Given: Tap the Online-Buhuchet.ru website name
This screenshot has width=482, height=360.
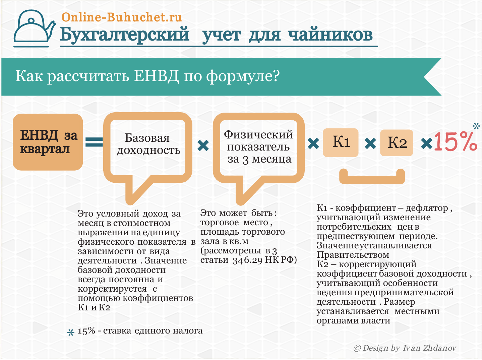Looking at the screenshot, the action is [122, 17].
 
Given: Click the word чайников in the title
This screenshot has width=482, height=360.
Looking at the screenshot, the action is [330, 35].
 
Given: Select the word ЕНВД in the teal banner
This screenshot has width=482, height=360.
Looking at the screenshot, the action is [156, 76].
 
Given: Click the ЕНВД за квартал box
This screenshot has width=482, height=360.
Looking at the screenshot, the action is [48, 142].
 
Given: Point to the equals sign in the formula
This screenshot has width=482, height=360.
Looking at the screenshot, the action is [94, 142].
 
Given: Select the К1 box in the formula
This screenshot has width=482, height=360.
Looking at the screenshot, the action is [341, 142].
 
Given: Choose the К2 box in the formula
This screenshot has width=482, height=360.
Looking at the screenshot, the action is [397, 143].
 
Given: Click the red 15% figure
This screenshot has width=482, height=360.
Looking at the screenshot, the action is [456, 141].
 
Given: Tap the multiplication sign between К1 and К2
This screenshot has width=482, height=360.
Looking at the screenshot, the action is [370, 143].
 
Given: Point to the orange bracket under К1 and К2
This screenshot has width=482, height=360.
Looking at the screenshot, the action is [372, 180].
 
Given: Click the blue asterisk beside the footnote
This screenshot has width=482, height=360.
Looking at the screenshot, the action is [70, 333].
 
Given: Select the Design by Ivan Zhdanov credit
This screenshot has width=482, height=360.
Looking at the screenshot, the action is [405, 348].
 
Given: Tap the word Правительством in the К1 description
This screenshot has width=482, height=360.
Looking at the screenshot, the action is [353, 255].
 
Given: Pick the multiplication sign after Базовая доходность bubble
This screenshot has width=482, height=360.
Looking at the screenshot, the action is [203, 145].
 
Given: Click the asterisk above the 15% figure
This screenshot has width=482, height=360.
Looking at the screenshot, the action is [476, 126].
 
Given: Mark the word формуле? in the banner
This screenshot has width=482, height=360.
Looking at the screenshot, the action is [243, 77].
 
